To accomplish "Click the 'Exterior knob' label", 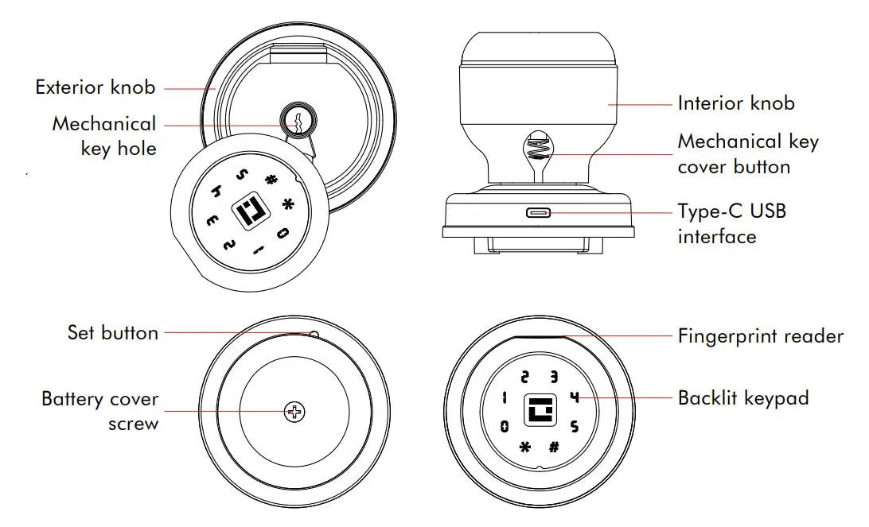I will point(95,87).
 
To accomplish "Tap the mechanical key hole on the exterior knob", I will point(294,122).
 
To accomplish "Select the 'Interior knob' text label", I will point(735,103).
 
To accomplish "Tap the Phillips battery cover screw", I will point(295,411).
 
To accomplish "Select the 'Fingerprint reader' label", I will point(760,336).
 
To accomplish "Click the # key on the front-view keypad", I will point(554,446).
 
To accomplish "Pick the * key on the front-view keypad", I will point(524,446).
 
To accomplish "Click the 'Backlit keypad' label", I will point(742,397).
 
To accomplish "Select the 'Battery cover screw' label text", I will point(100,411).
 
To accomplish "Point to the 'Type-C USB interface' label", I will point(731,224).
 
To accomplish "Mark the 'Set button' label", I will point(112,332).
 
